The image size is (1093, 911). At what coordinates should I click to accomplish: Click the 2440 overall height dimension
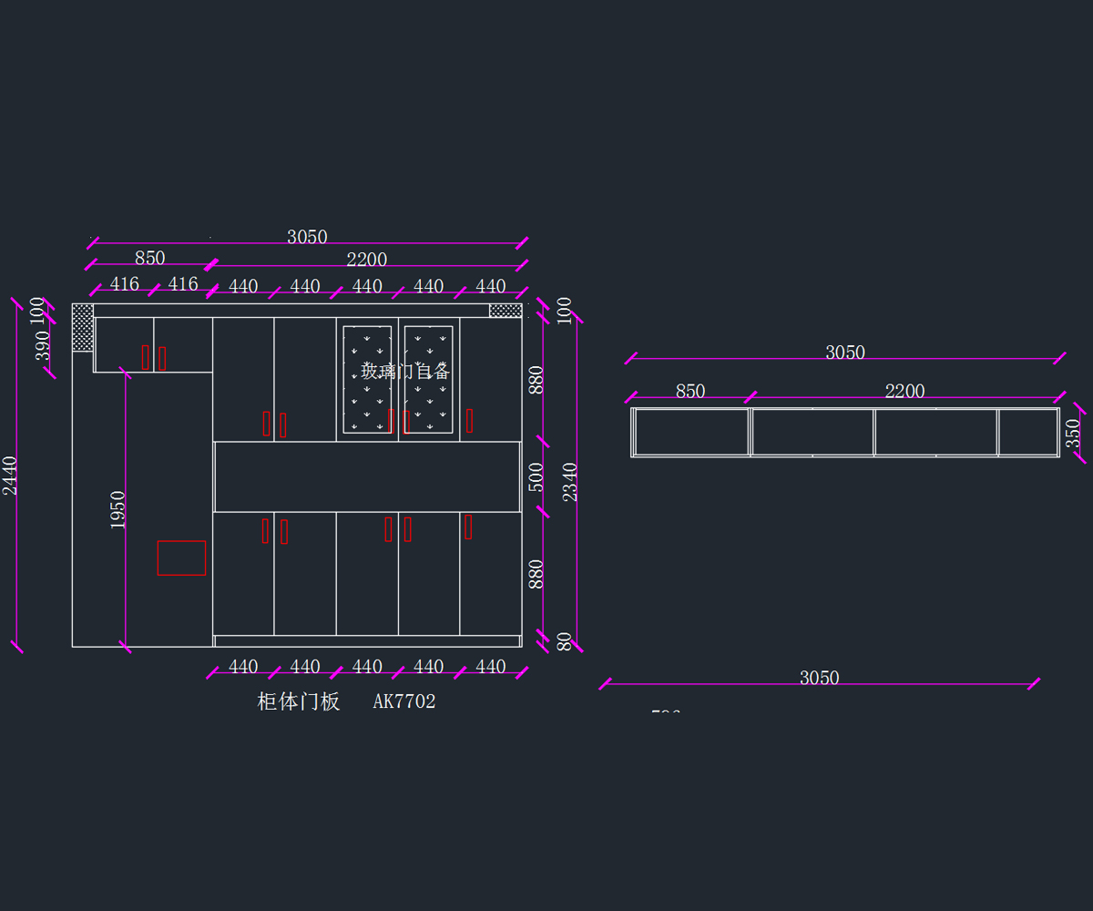click(10, 476)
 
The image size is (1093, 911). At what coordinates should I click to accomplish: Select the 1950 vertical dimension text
click(117, 509)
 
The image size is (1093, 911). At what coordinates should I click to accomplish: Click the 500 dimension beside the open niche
click(536, 477)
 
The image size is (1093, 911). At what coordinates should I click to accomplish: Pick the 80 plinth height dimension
click(565, 641)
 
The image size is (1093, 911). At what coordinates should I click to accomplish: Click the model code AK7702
click(404, 701)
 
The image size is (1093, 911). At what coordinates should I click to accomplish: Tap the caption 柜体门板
click(299, 701)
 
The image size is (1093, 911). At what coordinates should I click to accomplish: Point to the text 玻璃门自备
click(405, 371)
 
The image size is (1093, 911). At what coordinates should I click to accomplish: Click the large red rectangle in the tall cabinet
click(181, 558)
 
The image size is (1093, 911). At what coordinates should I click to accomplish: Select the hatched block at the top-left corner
click(83, 327)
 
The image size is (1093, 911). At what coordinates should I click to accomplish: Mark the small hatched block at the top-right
click(506, 311)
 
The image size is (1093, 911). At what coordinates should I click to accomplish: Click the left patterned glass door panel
click(367, 378)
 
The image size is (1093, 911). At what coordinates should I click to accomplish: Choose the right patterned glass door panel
click(428, 378)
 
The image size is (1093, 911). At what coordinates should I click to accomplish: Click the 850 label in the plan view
click(690, 391)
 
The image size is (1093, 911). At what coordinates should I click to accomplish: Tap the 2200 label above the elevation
click(366, 260)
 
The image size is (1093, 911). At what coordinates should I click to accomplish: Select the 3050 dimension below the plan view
click(819, 678)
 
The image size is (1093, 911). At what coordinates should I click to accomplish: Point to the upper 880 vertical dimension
click(536, 379)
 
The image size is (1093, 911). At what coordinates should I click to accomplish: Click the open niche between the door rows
click(367, 477)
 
